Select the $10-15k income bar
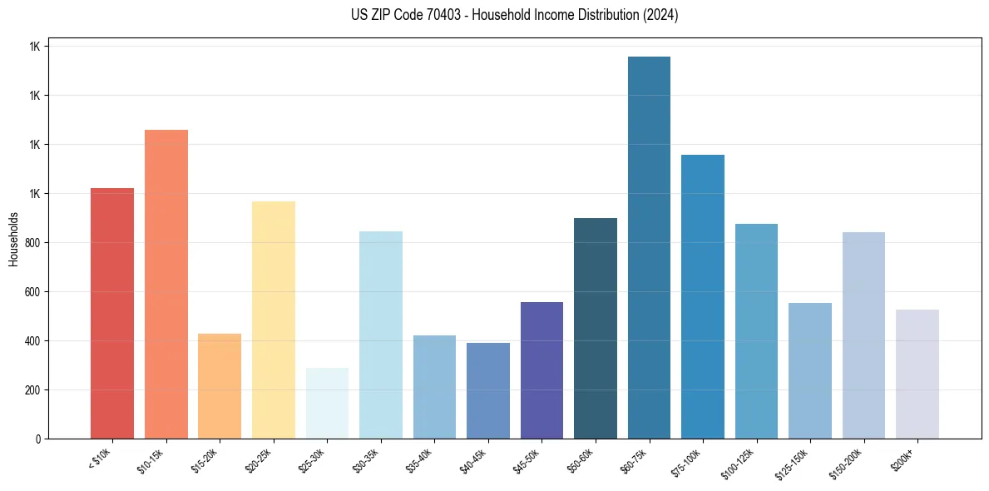[166, 284]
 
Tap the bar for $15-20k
[220, 386]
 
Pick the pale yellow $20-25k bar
[274, 320]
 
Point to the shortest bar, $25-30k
[327, 404]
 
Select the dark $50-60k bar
[596, 328]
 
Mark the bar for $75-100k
[703, 296]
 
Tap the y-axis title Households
[13, 239]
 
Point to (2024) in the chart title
[660, 15]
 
